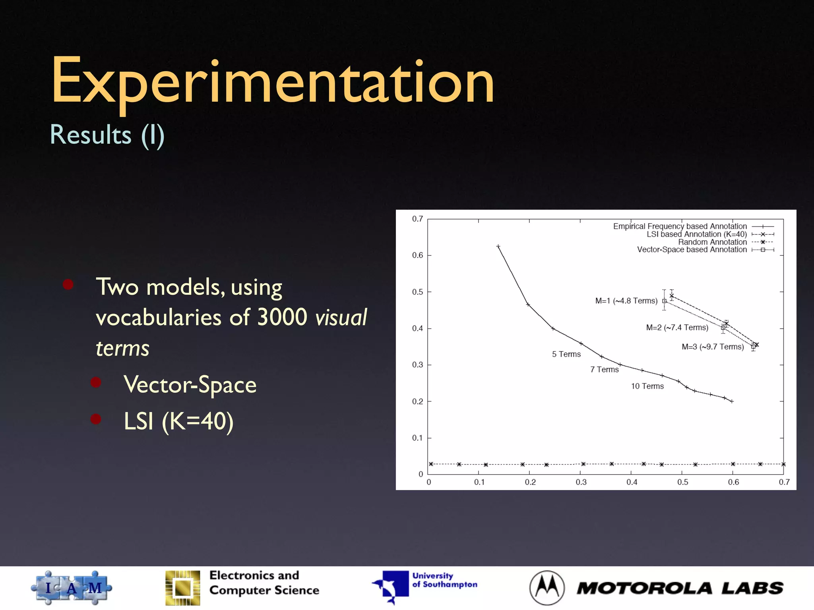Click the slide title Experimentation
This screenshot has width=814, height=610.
[273, 81]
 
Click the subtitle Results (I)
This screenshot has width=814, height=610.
[107, 135]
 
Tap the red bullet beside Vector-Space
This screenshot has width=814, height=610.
[96, 382]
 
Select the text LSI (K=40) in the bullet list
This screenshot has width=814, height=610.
[178, 421]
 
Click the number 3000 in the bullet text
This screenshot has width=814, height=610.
[282, 317]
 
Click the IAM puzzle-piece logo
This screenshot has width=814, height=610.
[72, 587]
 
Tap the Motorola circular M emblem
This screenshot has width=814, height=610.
[547, 588]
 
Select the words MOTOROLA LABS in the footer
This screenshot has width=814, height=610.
[680, 588]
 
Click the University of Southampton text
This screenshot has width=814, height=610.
[444, 580]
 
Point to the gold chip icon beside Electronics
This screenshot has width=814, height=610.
[183, 588]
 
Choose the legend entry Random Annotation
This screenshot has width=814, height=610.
[712, 242]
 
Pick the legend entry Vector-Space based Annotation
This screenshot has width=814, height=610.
[692, 249]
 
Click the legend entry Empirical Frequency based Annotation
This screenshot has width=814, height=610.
[680, 226]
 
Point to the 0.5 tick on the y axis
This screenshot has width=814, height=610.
[417, 292]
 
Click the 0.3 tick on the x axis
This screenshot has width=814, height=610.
[581, 482]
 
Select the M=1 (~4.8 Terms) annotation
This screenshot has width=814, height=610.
[626, 301]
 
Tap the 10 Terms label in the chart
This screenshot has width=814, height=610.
[647, 386]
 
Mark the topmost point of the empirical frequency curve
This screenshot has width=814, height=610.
[498, 247]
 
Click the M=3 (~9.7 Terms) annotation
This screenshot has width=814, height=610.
[712, 347]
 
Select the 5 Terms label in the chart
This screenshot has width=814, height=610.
[566, 354]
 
